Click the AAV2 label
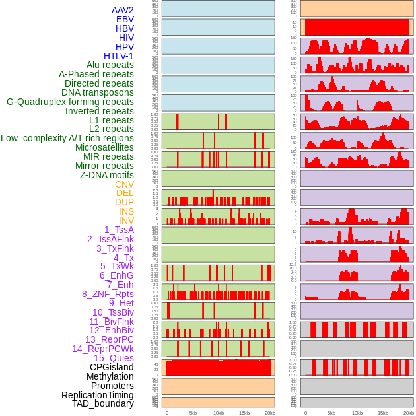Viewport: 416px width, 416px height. pos(122,10)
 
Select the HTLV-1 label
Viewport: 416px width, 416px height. pos(118,56)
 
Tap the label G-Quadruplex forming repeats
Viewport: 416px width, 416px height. pos(70,102)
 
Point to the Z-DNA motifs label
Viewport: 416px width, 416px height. pos(106,175)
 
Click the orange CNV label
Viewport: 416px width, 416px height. pos(124,184)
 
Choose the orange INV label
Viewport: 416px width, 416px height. pos(126,221)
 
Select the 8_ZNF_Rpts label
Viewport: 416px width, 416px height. pos(108,294)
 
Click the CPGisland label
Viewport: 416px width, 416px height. pos(112,367)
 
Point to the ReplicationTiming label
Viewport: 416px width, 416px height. pos(97,395)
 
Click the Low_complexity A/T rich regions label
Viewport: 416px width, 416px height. pos(67,138)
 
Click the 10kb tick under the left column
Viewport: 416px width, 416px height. pos(219,413)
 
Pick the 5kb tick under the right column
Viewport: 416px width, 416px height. pos(331,413)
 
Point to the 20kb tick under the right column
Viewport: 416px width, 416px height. pos(409,413)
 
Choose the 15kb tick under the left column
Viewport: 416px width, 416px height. pos(244,413)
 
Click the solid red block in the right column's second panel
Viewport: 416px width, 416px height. pos(357,27)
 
